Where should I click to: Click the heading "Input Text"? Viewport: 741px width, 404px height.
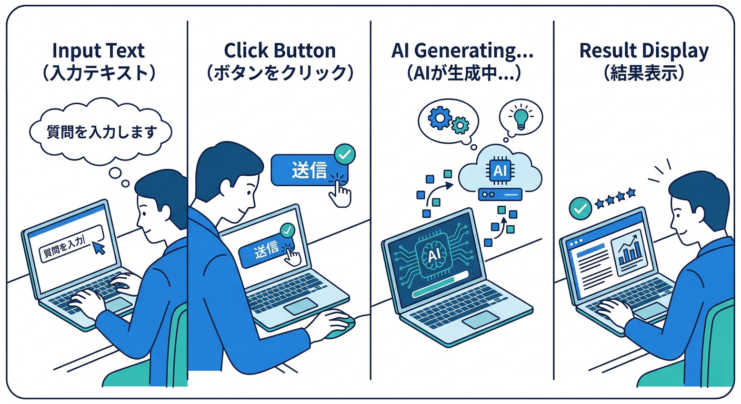(x=98, y=51)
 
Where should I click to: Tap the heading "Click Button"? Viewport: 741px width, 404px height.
(x=279, y=51)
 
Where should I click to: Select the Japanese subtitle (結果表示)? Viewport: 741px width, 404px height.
(x=644, y=73)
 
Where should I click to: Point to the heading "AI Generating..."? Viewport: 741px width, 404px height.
(x=463, y=51)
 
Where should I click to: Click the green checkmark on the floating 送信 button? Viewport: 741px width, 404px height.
(x=345, y=154)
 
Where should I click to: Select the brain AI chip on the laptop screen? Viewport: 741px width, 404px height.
(x=435, y=255)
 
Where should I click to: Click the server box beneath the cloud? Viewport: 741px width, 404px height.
(x=499, y=195)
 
